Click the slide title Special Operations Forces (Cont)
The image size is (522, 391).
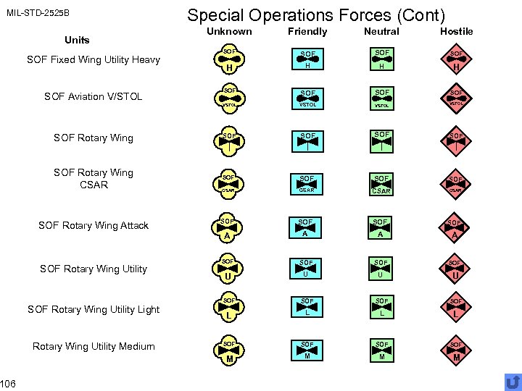click(x=316, y=14)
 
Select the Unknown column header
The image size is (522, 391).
click(x=229, y=31)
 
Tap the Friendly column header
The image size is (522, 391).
click(x=307, y=31)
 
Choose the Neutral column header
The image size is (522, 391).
click(x=381, y=31)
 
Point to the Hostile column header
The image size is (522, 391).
click(x=456, y=31)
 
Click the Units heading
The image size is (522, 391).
click(x=77, y=39)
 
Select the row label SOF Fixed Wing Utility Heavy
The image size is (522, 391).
click(x=94, y=59)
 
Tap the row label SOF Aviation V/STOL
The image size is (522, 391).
click(x=93, y=96)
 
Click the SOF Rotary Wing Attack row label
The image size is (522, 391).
click(x=94, y=225)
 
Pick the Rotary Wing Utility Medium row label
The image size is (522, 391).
click(x=94, y=346)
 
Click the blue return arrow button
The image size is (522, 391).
click(x=513, y=382)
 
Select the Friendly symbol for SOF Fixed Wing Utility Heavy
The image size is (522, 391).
click(x=308, y=59)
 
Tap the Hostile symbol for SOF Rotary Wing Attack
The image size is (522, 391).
click(x=456, y=230)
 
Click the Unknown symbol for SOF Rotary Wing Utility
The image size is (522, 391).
click(x=229, y=269)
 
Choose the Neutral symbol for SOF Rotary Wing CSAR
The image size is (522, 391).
click(x=381, y=184)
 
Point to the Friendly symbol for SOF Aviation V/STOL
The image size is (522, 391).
click(x=308, y=98)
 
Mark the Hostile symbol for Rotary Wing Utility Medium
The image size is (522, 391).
click(x=456, y=351)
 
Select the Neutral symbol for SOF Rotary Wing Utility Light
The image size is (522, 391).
click(x=381, y=306)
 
